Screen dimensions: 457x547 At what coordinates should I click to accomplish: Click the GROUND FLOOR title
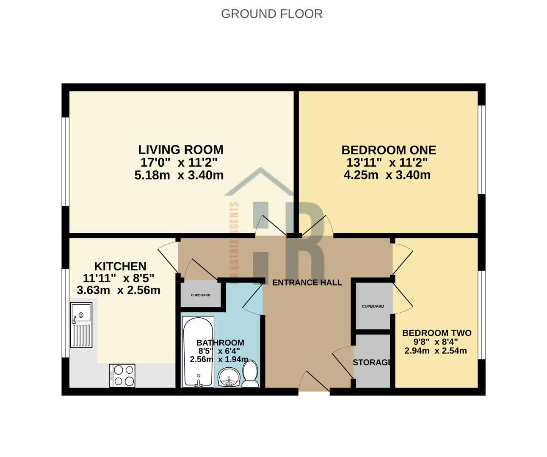click(x=272, y=14)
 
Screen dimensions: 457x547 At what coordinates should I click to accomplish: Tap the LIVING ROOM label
click(x=181, y=150)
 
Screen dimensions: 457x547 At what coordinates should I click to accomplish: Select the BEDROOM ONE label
click(x=389, y=150)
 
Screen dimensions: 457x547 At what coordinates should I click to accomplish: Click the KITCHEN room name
click(x=120, y=266)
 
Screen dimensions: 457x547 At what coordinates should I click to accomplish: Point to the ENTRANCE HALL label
click(x=307, y=283)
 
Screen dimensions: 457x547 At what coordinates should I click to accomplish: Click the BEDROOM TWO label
click(x=436, y=333)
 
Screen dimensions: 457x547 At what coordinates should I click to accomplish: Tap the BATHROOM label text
click(x=220, y=343)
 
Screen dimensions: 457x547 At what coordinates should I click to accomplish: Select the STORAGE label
click(x=372, y=363)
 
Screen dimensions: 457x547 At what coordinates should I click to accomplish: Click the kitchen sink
click(x=81, y=325)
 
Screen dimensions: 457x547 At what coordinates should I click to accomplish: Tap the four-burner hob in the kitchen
click(x=122, y=375)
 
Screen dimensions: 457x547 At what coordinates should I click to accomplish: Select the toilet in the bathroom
click(x=250, y=374)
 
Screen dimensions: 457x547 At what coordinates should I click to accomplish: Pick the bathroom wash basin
click(x=229, y=377)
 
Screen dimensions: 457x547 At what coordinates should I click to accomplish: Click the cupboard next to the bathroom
click(x=201, y=295)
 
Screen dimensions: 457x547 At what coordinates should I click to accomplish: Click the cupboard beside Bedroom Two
click(x=373, y=306)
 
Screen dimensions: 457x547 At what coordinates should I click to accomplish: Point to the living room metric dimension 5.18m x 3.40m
click(x=179, y=175)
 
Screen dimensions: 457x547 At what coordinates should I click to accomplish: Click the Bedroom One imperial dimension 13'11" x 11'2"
click(x=387, y=162)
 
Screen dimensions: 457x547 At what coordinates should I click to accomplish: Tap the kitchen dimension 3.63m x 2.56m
click(x=119, y=290)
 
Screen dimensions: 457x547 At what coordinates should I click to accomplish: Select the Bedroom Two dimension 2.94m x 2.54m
click(x=436, y=351)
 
